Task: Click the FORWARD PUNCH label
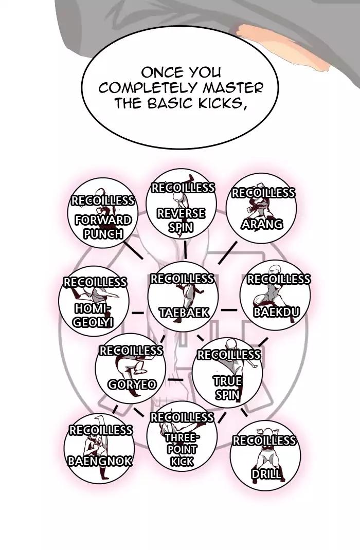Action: [103, 227]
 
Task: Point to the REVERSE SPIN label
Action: [181, 220]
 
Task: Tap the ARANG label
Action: [262, 224]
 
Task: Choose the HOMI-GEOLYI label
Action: [93, 315]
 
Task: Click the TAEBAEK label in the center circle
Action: [184, 312]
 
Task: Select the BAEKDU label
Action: [276, 311]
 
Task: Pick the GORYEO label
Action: [132, 384]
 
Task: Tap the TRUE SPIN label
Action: [227, 388]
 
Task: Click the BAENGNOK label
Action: [100, 460]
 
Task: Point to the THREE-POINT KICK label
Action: [182, 449]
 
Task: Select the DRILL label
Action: [266, 473]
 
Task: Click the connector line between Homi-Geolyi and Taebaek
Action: [137, 312]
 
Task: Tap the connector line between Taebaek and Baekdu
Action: [229, 310]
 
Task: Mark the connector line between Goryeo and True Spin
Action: [176, 380]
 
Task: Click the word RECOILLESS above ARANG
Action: [263, 193]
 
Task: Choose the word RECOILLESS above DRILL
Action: [264, 441]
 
